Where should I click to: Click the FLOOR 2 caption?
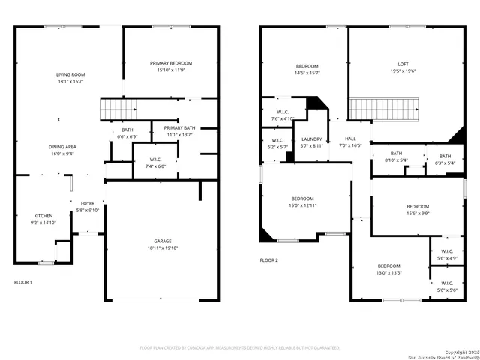tap(268, 260)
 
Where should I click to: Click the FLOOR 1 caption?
tap(23, 282)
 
